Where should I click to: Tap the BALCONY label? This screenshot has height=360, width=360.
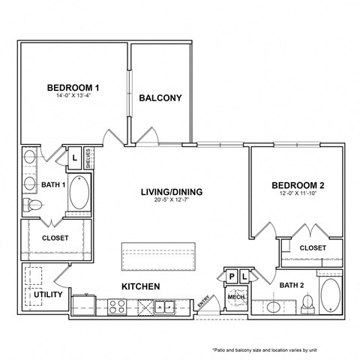click(x=160, y=98)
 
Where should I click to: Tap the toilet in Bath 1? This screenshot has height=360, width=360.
click(x=33, y=205)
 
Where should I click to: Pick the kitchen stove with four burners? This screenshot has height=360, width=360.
click(x=117, y=306)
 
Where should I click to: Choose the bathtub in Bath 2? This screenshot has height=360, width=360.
click(x=331, y=298)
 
